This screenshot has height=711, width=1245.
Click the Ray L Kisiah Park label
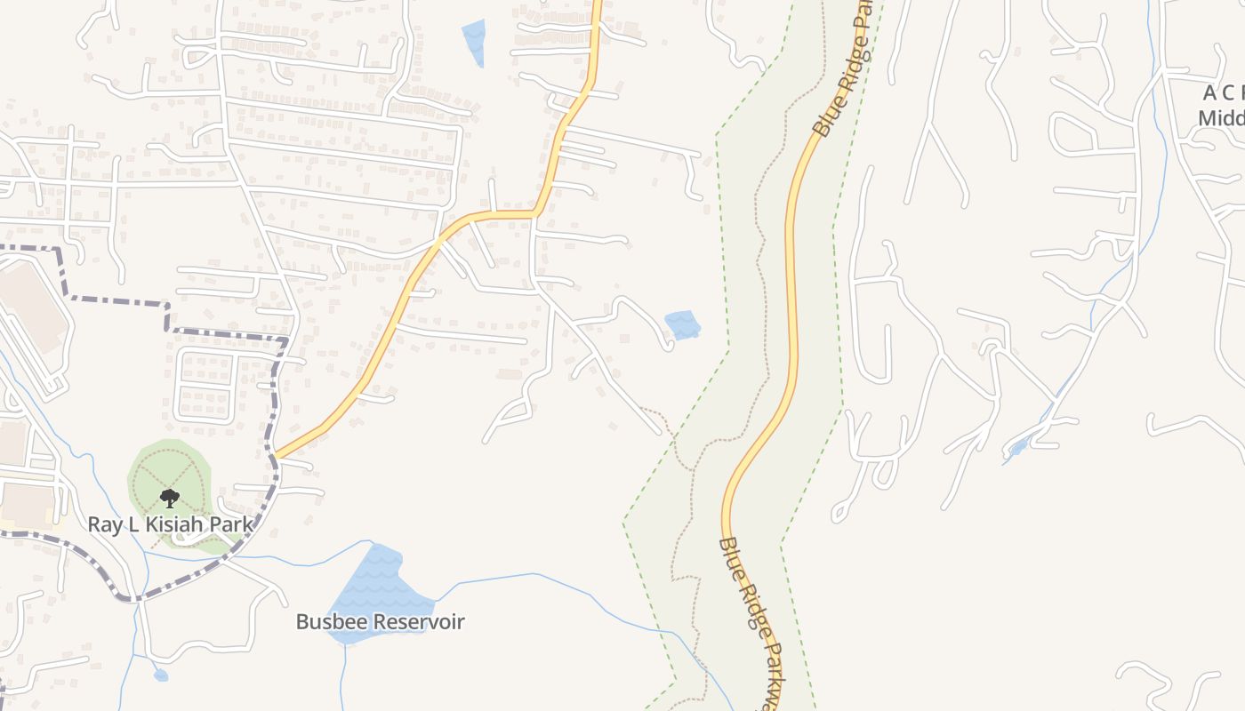[x=170, y=524]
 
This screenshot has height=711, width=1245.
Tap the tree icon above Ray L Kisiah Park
[x=169, y=498]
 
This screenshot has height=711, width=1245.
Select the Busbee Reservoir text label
[x=380, y=621]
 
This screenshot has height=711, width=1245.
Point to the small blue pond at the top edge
[x=474, y=41]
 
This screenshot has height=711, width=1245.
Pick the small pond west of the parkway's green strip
[x=682, y=324]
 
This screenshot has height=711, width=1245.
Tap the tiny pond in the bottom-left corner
[x=161, y=675]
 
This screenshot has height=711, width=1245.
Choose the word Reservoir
[x=420, y=621]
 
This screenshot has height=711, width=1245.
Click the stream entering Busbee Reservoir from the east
[x=534, y=575]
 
